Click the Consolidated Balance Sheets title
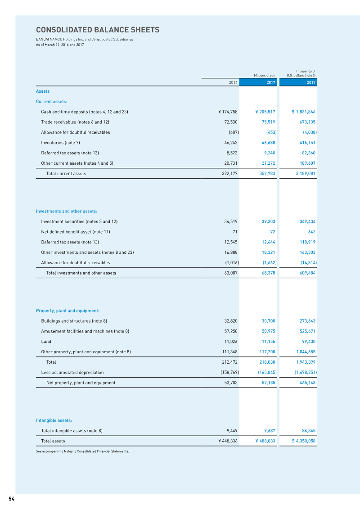[x=98, y=30]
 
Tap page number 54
[x=11, y=499]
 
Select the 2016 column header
[x=233, y=82]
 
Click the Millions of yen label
[x=264, y=76]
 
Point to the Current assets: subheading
[x=52, y=101]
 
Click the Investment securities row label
[x=79, y=221]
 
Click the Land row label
[x=45, y=342]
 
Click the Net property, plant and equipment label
[x=81, y=383]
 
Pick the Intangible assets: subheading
[x=54, y=420]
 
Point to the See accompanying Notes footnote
[x=82, y=451]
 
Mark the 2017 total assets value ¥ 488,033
[x=265, y=441]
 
